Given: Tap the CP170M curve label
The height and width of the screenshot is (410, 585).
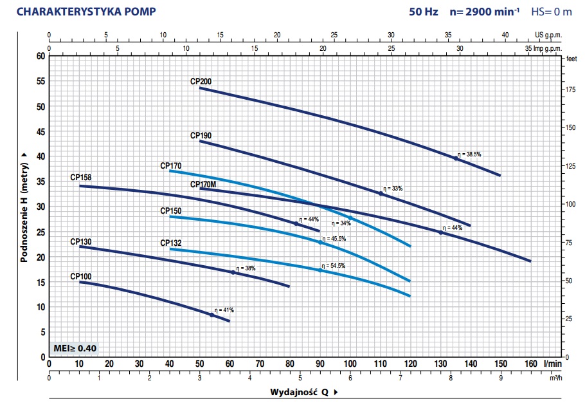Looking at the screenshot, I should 203,185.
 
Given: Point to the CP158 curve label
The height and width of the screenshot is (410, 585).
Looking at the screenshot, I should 81,177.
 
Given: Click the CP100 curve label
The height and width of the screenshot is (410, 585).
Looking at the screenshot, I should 81,276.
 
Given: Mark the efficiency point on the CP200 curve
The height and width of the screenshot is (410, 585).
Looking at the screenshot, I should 456,158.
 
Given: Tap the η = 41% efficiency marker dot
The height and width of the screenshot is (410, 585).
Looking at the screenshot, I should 212,315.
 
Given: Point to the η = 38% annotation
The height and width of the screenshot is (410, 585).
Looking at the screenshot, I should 246,268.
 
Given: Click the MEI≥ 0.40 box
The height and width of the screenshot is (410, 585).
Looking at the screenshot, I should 76,348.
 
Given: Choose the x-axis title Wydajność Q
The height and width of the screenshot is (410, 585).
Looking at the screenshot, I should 298,392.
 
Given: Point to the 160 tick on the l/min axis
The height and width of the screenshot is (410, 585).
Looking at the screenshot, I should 531,364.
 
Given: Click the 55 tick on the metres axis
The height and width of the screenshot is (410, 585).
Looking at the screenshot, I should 41,81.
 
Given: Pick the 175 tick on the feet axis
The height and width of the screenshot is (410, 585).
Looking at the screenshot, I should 570,90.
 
